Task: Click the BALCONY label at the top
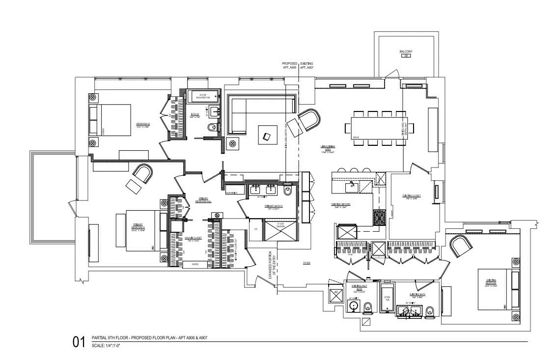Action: (406, 52)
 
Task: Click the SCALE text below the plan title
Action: (106, 346)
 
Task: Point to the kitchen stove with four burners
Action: (380, 217)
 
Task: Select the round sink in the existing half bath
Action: (353, 306)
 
